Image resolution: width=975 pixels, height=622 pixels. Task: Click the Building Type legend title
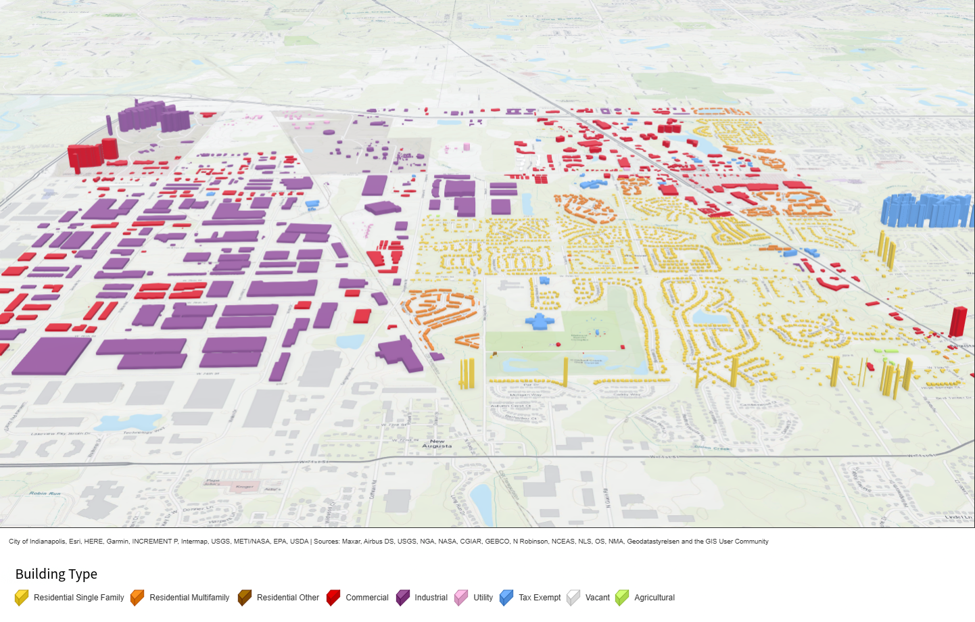(56, 574)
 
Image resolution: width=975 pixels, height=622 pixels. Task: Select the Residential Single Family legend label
(78, 598)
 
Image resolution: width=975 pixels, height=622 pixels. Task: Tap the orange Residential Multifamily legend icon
(137, 598)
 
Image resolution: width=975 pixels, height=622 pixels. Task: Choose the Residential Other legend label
(287, 598)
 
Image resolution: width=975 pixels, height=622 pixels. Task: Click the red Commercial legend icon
(333, 598)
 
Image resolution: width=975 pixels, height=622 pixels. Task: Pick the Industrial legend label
(431, 598)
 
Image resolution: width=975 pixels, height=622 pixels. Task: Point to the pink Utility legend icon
(461, 598)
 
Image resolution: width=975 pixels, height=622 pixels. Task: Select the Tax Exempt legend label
(540, 598)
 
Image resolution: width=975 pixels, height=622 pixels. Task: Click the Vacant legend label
(597, 598)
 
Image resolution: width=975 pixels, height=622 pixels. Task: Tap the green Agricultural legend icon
(622, 598)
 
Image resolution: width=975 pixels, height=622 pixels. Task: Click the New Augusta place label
(437, 444)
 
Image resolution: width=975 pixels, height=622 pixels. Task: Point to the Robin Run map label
(45, 494)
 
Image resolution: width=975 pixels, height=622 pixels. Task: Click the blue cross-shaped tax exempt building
(540, 321)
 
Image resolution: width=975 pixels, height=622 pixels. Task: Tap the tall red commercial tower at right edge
(957, 321)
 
